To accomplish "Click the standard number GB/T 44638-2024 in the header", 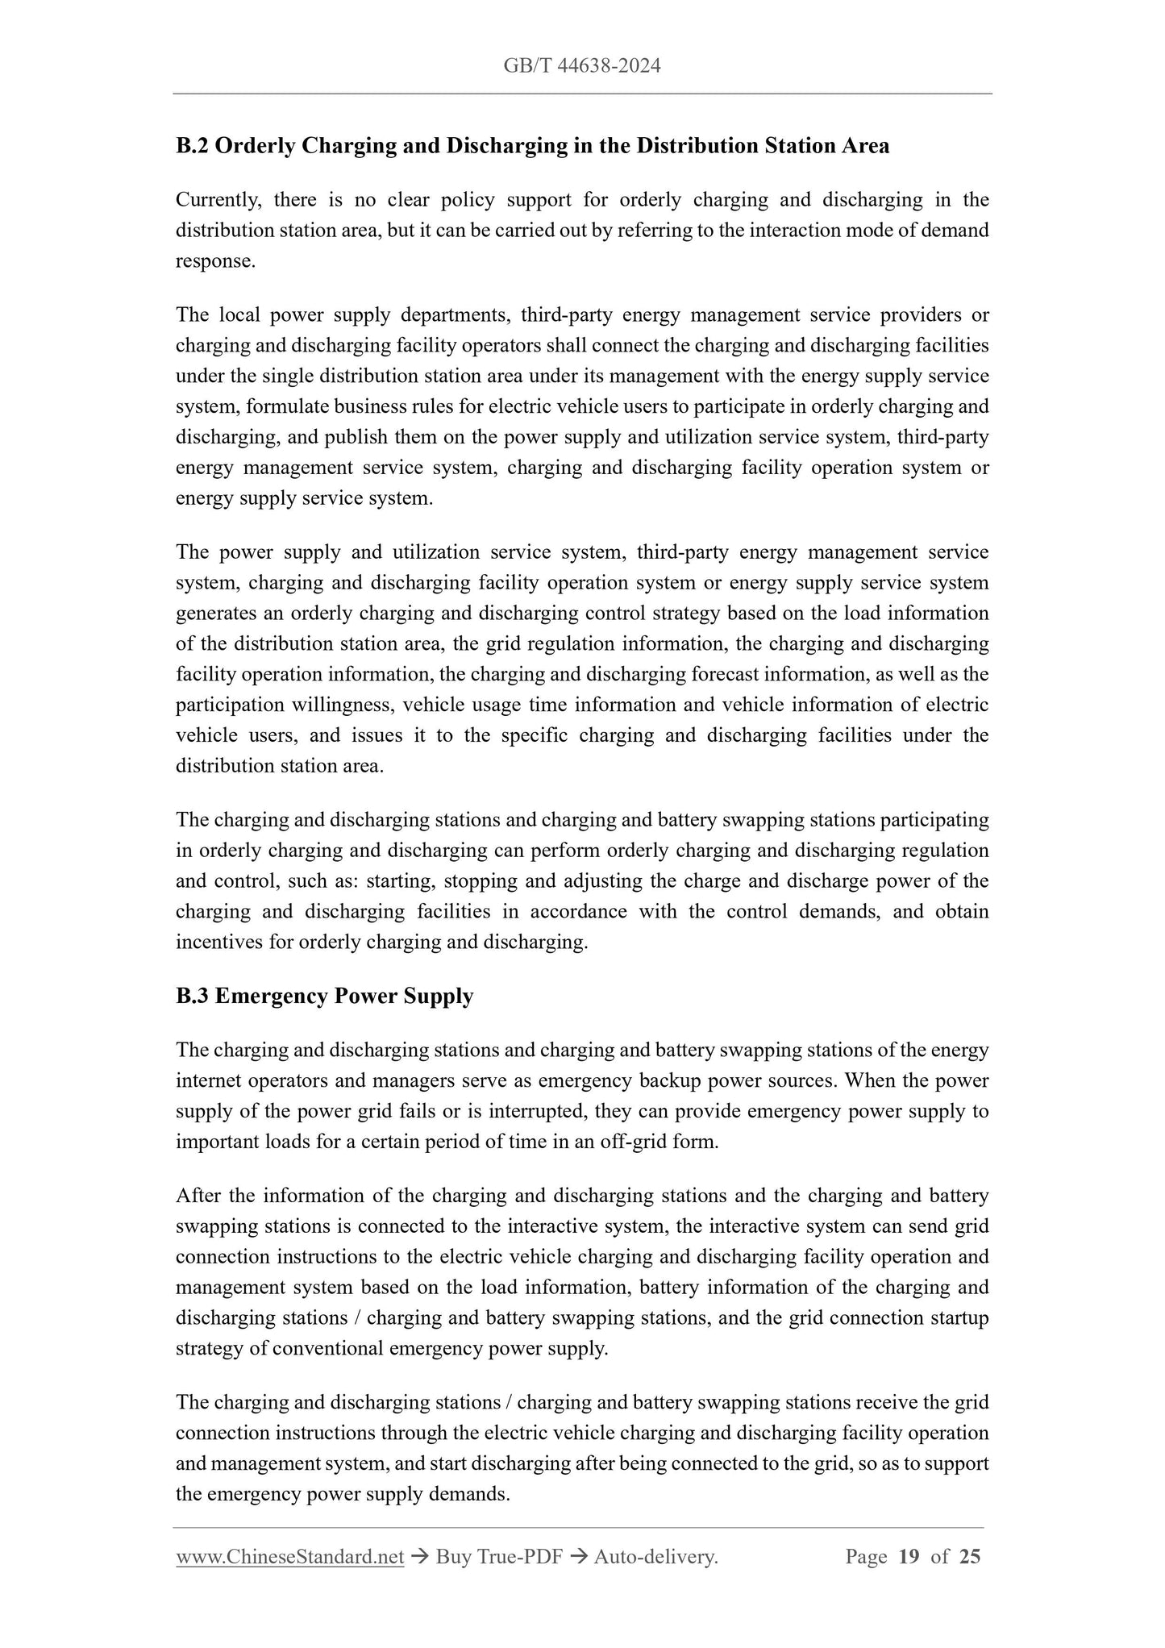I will (582, 66).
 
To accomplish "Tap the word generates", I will (214, 613).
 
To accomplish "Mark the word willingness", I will (343, 705).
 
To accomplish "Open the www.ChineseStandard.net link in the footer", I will (289, 1558).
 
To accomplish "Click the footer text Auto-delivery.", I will (655, 1558).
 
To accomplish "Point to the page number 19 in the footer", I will (909, 1558).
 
